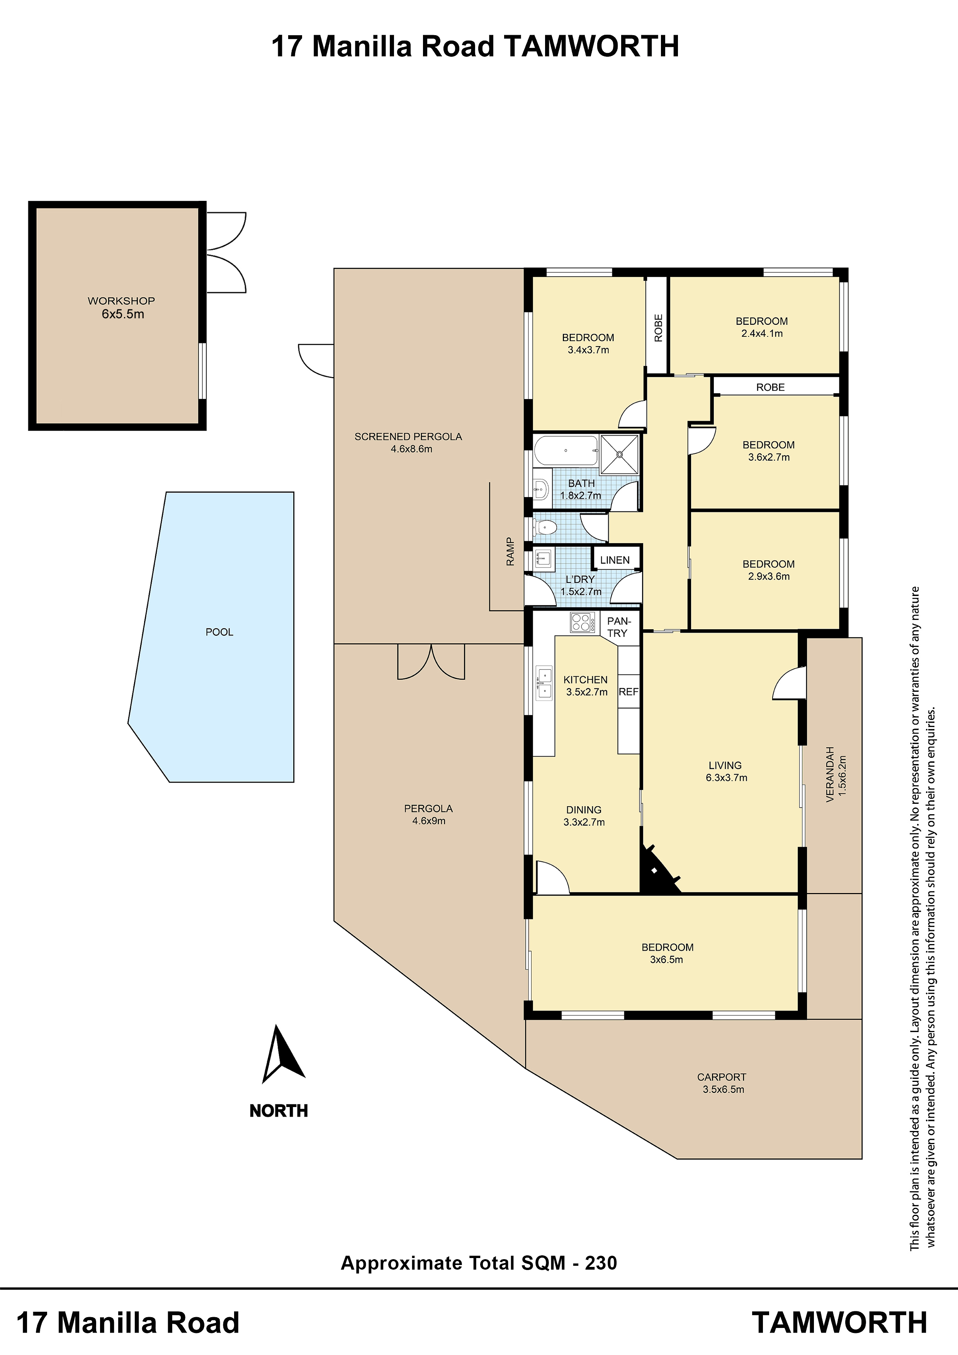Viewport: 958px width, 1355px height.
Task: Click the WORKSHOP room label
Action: tap(122, 301)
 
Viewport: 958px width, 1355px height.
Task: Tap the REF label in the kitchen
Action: tap(628, 692)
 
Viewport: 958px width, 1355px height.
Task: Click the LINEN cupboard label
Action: tap(615, 560)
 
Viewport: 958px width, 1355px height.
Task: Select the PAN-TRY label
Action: tap(618, 627)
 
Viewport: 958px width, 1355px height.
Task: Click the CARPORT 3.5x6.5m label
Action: tap(722, 1083)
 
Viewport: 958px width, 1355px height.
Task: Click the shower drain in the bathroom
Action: tap(620, 454)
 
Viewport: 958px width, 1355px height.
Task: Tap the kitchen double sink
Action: tap(544, 683)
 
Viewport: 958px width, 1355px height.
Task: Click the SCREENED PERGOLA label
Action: tap(408, 437)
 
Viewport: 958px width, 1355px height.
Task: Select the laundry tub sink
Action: tap(544, 558)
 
